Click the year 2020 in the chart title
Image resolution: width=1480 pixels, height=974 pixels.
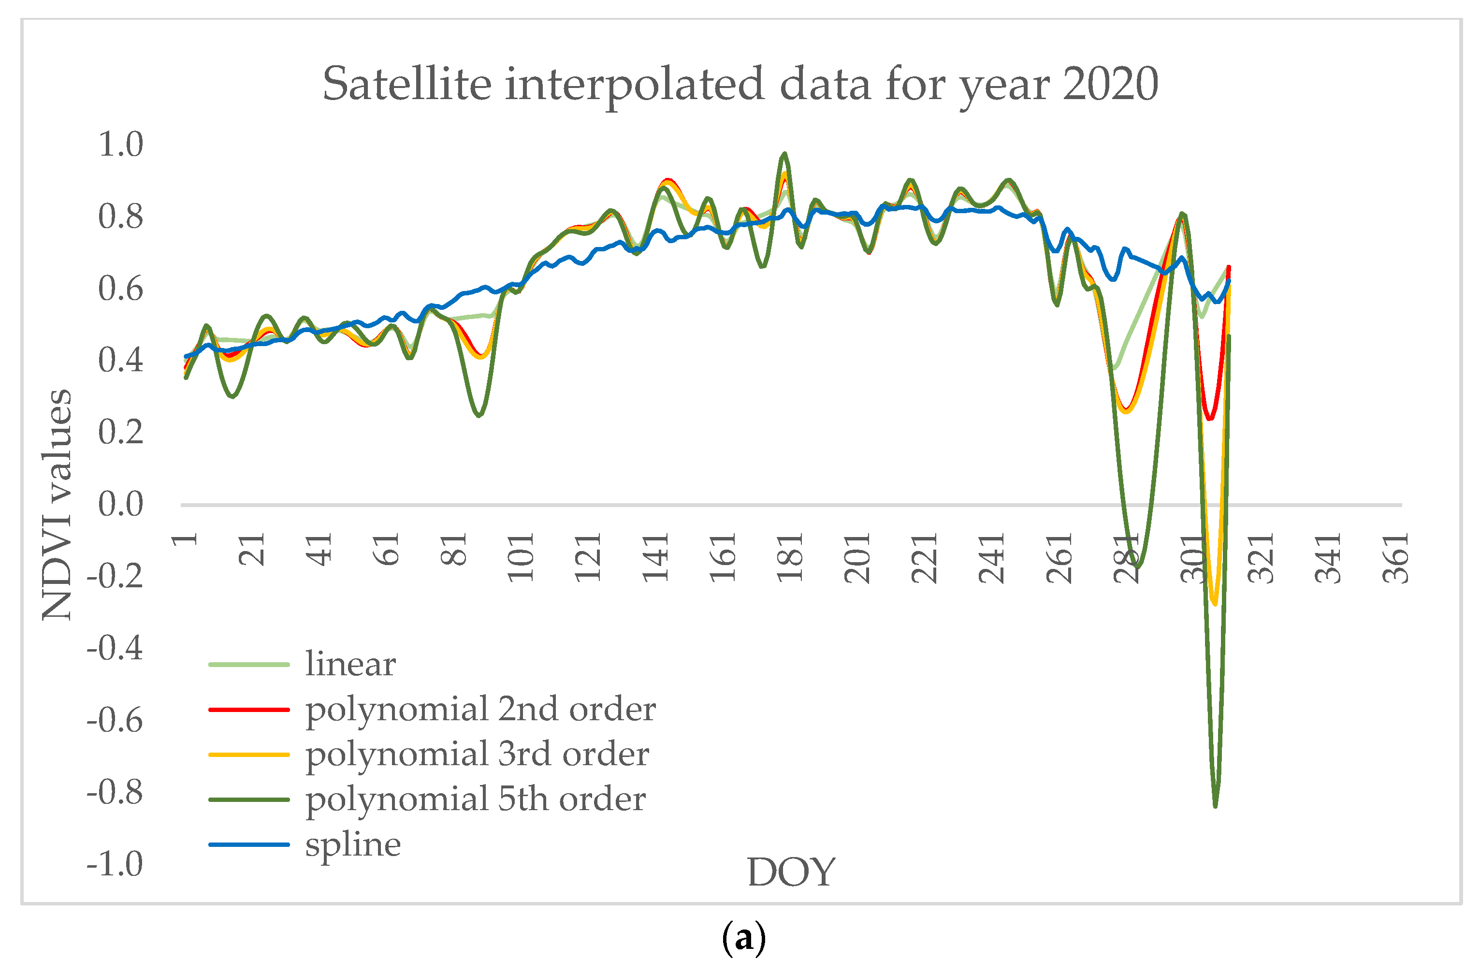[x=1110, y=84]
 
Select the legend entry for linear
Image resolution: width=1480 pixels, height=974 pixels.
[x=350, y=664]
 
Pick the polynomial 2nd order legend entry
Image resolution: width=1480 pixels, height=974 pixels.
[x=480, y=709]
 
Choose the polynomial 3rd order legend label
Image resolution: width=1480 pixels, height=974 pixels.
[x=477, y=754]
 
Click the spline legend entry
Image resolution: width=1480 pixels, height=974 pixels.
[x=352, y=844]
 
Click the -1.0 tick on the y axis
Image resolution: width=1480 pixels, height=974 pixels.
[x=115, y=863]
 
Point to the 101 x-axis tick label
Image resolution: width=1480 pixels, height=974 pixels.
[x=521, y=558]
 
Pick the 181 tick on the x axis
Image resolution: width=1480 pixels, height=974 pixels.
[x=790, y=558]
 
